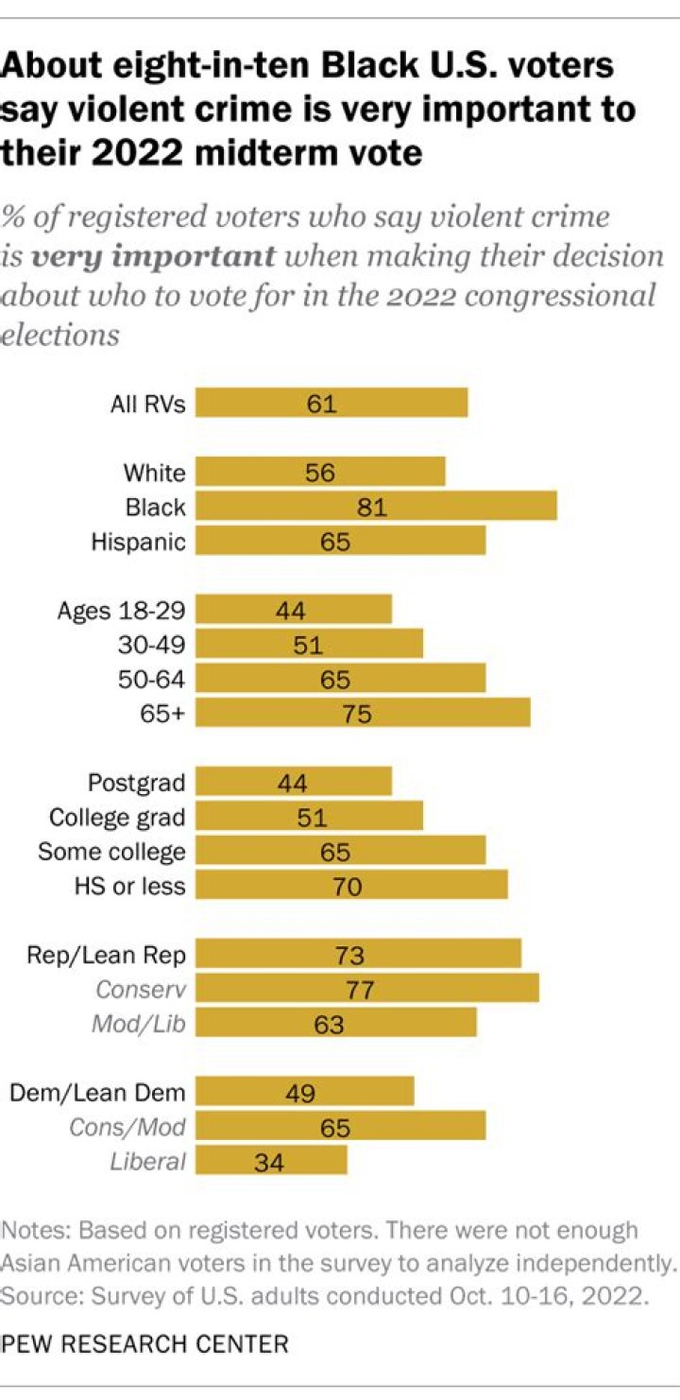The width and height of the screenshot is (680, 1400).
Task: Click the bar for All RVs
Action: click(331, 403)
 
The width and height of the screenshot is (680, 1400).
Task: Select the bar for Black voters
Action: click(376, 506)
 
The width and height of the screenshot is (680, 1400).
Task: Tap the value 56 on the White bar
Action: click(320, 473)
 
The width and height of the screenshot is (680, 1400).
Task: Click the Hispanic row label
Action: click(138, 542)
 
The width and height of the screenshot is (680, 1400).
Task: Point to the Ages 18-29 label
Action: click(121, 610)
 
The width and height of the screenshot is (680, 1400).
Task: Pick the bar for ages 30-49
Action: click(309, 644)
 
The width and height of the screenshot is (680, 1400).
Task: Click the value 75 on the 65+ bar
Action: click(357, 713)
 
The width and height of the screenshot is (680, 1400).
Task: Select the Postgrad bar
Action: click(294, 781)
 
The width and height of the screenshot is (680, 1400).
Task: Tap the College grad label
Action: click(117, 817)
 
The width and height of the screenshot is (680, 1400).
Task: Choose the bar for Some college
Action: click(340, 850)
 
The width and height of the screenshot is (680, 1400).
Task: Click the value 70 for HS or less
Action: click(348, 886)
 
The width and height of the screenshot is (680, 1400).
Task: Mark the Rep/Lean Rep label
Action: click(106, 955)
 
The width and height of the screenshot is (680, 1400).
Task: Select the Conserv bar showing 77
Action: click(367, 988)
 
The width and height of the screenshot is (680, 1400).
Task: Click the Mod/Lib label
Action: click(139, 1023)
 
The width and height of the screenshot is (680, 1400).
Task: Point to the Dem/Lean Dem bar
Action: click(305, 1091)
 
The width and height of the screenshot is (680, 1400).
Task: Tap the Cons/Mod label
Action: click(127, 1126)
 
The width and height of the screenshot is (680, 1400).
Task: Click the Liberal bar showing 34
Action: click(271, 1159)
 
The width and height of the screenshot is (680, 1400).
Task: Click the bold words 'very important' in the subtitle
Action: click(153, 256)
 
